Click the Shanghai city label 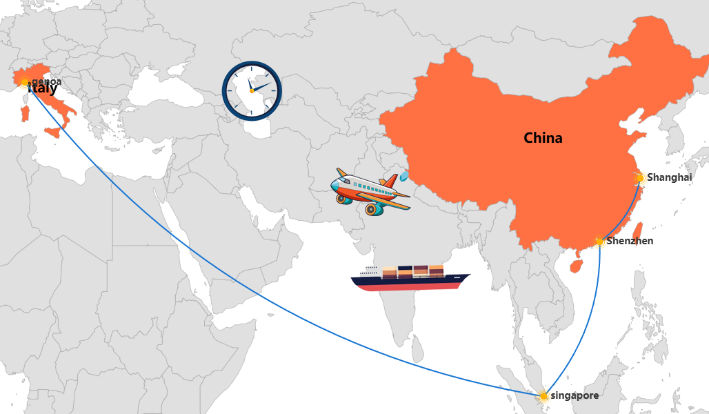click(669, 177)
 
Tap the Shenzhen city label click(630, 241)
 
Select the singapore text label click(575, 395)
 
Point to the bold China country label click(543, 138)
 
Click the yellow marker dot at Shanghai click(640, 178)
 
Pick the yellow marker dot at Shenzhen click(600, 241)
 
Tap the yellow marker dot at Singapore click(543, 396)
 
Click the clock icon click(252, 90)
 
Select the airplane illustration click(369, 191)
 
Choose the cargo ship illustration click(410, 277)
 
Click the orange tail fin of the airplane click(390, 181)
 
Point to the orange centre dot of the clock click(252, 91)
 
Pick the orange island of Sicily click(53, 132)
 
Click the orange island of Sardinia click(26, 113)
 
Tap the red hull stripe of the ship click(414, 286)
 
